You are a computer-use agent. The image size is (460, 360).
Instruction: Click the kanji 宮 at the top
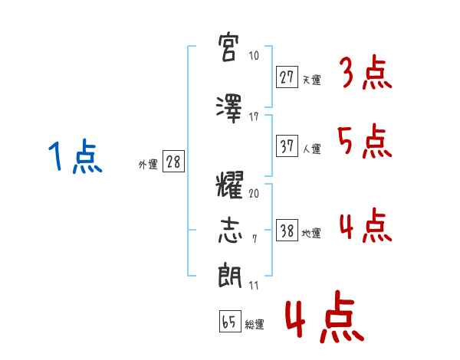(x=228, y=47)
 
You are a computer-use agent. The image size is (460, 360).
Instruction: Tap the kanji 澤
(x=229, y=109)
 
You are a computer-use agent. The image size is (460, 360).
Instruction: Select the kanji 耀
(x=229, y=185)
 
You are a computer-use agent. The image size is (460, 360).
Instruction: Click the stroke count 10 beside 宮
(x=254, y=55)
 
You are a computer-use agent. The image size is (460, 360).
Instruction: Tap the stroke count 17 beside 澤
(x=254, y=117)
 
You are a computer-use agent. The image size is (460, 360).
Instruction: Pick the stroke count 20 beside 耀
(x=254, y=193)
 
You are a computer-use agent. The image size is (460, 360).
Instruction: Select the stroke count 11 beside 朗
(x=254, y=285)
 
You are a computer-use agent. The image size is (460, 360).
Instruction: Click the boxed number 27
(x=287, y=77)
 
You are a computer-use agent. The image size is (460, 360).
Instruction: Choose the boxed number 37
(x=287, y=146)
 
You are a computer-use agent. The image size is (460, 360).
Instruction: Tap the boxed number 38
(x=287, y=230)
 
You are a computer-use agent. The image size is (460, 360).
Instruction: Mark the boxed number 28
(x=173, y=162)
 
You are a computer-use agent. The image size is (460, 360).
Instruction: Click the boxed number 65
(x=230, y=321)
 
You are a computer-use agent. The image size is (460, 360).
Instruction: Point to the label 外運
(x=148, y=165)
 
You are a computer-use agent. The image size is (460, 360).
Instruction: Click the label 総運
(x=255, y=325)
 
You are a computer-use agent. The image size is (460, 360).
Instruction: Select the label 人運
(x=312, y=149)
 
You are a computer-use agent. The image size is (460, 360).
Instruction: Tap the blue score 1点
(x=75, y=156)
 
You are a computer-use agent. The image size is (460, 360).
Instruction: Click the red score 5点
(x=364, y=141)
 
